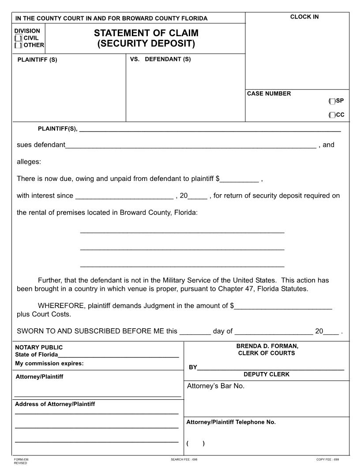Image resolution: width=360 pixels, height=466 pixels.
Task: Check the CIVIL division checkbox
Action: tap(19, 38)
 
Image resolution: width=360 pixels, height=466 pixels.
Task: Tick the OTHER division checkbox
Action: tap(19, 45)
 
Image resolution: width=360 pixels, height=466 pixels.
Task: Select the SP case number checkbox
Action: tap(332, 101)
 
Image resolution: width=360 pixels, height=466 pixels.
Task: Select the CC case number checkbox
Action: tap(332, 115)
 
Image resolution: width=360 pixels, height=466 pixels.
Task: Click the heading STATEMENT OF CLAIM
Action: tap(146, 33)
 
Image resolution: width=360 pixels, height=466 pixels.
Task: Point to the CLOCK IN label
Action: tap(304, 17)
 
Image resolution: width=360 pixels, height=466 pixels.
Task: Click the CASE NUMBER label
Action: tap(269, 94)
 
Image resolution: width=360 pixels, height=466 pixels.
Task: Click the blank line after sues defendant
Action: tap(191, 146)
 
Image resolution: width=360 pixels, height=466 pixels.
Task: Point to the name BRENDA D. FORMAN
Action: tap(267, 346)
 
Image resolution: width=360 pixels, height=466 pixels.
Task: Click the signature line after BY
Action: tap(270, 368)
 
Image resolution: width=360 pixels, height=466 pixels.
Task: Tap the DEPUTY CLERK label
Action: tap(266, 374)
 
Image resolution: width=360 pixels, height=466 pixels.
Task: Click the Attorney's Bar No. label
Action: tap(216, 386)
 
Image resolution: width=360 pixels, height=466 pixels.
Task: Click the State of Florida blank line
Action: tap(118, 356)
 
